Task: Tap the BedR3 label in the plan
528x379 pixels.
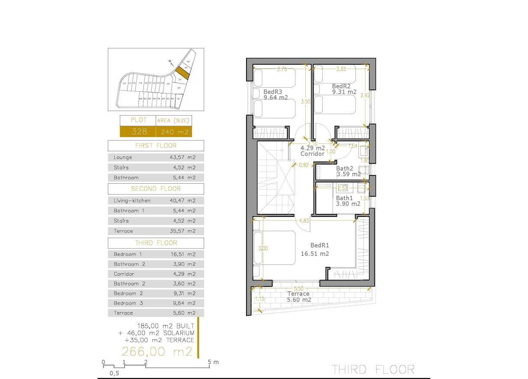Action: click(273, 92)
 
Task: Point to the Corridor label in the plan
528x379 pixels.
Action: click(312, 154)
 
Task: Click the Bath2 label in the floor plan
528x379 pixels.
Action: click(345, 169)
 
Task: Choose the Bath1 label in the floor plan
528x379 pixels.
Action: click(345, 198)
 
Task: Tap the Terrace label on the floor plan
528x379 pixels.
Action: click(298, 294)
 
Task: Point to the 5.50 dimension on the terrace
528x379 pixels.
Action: click(298, 288)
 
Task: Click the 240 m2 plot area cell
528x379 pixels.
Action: click(174, 132)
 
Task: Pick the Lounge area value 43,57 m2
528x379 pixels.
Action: click(183, 158)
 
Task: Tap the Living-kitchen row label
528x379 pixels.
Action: click(132, 201)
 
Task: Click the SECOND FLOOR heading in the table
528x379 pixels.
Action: click(156, 189)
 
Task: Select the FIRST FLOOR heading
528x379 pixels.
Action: click(156, 146)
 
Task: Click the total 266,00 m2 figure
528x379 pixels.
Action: click(157, 352)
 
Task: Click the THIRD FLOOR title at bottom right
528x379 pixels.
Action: click(373, 369)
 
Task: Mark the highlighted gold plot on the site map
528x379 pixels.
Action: click(182, 73)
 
